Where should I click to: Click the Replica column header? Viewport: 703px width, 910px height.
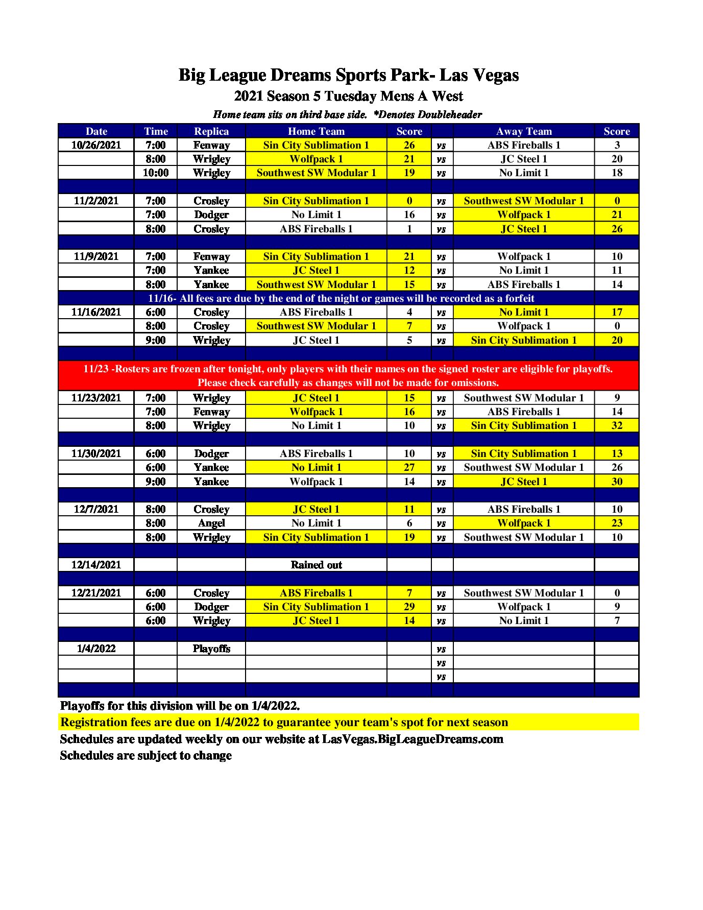click(x=211, y=131)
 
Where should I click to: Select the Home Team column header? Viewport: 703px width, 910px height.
click(x=316, y=131)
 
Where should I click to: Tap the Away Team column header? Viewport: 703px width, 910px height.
click(x=524, y=131)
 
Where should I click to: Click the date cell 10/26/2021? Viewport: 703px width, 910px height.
click(x=96, y=145)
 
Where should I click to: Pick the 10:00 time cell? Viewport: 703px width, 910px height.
click(x=156, y=173)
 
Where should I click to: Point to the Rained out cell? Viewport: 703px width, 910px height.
click(x=316, y=565)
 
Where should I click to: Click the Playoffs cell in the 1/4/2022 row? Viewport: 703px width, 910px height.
click(x=211, y=649)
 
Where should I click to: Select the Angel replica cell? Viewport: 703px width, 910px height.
click(x=211, y=523)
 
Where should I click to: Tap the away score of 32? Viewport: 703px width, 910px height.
click(x=617, y=425)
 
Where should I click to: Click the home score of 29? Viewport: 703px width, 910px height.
click(x=409, y=607)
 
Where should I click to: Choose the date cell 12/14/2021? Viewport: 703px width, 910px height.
click(x=96, y=565)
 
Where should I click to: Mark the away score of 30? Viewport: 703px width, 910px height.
click(x=617, y=482)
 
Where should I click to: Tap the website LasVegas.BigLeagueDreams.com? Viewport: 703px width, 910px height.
click(x=413, y=739)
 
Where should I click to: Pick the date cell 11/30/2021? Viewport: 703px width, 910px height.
click(x=96, y=453)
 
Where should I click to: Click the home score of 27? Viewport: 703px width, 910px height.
click(x=409, y=467)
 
